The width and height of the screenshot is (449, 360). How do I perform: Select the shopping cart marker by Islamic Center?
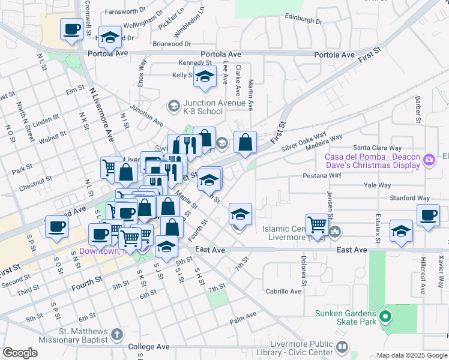317,226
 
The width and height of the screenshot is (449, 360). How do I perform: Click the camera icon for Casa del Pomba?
430,160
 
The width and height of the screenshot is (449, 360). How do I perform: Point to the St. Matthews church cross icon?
117,333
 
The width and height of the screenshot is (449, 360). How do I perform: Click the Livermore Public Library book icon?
342,347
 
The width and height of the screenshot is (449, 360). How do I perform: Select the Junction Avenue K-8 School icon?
173,106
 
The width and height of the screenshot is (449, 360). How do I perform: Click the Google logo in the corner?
20,353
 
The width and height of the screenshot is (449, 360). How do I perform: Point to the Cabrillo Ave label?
283,291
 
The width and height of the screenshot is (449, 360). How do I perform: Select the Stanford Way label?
408,198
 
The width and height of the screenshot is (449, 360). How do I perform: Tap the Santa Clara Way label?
377,148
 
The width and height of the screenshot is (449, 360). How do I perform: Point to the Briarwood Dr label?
171,44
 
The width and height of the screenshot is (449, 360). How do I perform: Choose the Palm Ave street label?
243,314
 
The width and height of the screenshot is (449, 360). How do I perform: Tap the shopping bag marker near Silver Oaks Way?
245,143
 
